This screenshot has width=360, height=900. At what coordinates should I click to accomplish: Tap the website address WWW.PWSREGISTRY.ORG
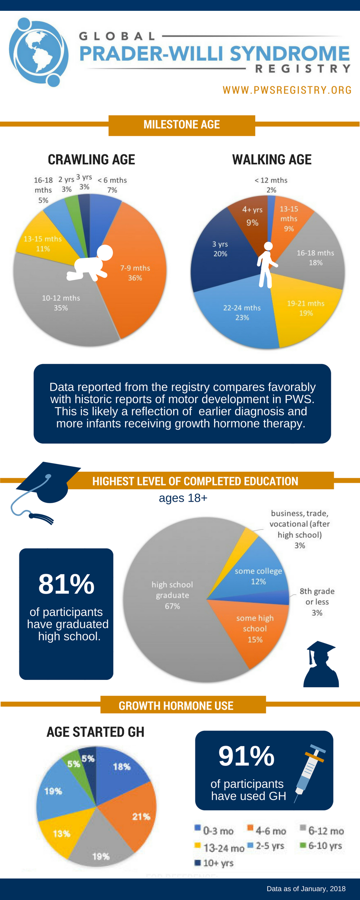coord(287,90)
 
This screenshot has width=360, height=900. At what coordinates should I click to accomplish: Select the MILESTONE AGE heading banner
coord(181,125)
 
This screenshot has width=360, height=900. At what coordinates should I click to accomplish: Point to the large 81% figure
coord(66,584)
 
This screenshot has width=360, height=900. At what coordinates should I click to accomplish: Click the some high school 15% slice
coord(254,630)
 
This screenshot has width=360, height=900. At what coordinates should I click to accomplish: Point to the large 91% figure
coord(246,756)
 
